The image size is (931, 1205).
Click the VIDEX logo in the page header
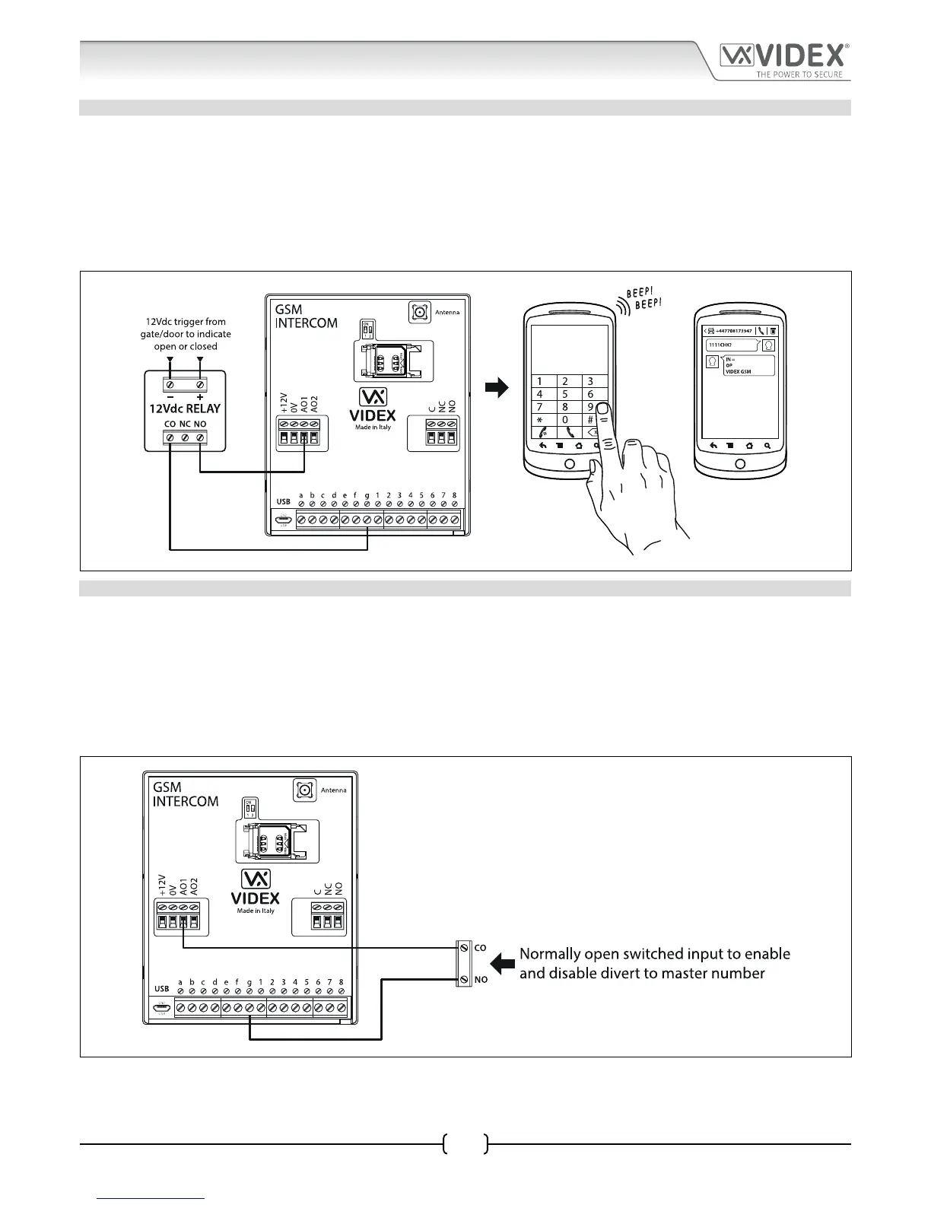784,56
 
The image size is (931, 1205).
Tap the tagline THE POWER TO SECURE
799,75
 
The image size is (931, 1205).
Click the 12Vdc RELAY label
184,409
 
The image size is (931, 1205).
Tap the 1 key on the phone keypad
540,381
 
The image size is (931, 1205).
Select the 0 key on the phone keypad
564,420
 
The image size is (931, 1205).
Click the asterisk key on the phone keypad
540,420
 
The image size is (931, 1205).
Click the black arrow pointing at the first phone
497,389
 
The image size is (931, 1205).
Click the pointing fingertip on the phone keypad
601,409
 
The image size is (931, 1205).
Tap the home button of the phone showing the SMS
740,464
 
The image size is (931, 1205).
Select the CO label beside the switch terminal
480,949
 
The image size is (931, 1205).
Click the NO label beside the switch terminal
481,980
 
